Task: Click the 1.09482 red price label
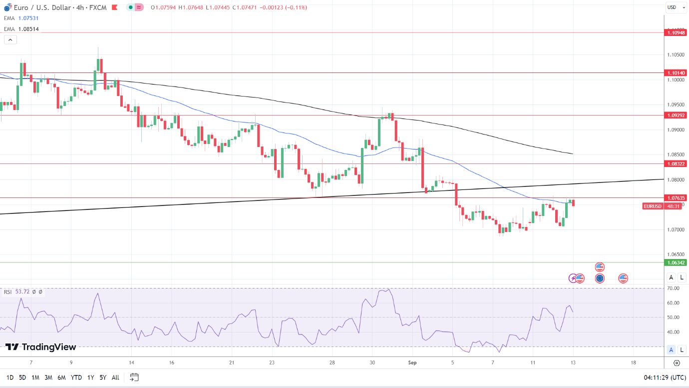coord(676,32)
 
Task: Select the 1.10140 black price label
coord(676,72)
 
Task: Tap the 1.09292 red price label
coord(676,115)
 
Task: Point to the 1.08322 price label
coord(676,163)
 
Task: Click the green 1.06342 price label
coord(676,262)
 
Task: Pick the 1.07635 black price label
coord(676,197)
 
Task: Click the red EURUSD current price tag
coord(653,206)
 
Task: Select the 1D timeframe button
coord(10,377)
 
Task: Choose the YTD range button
coord(76,377)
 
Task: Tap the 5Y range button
coord(102,377)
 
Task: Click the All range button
coord(115,377)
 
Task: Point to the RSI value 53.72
coord(22,291)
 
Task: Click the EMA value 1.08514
coord(28,29)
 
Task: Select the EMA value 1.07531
coord(28,18)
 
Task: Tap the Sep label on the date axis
coord(412,362)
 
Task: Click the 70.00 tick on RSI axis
coord(673,288)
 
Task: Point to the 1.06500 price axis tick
coord(675,254)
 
